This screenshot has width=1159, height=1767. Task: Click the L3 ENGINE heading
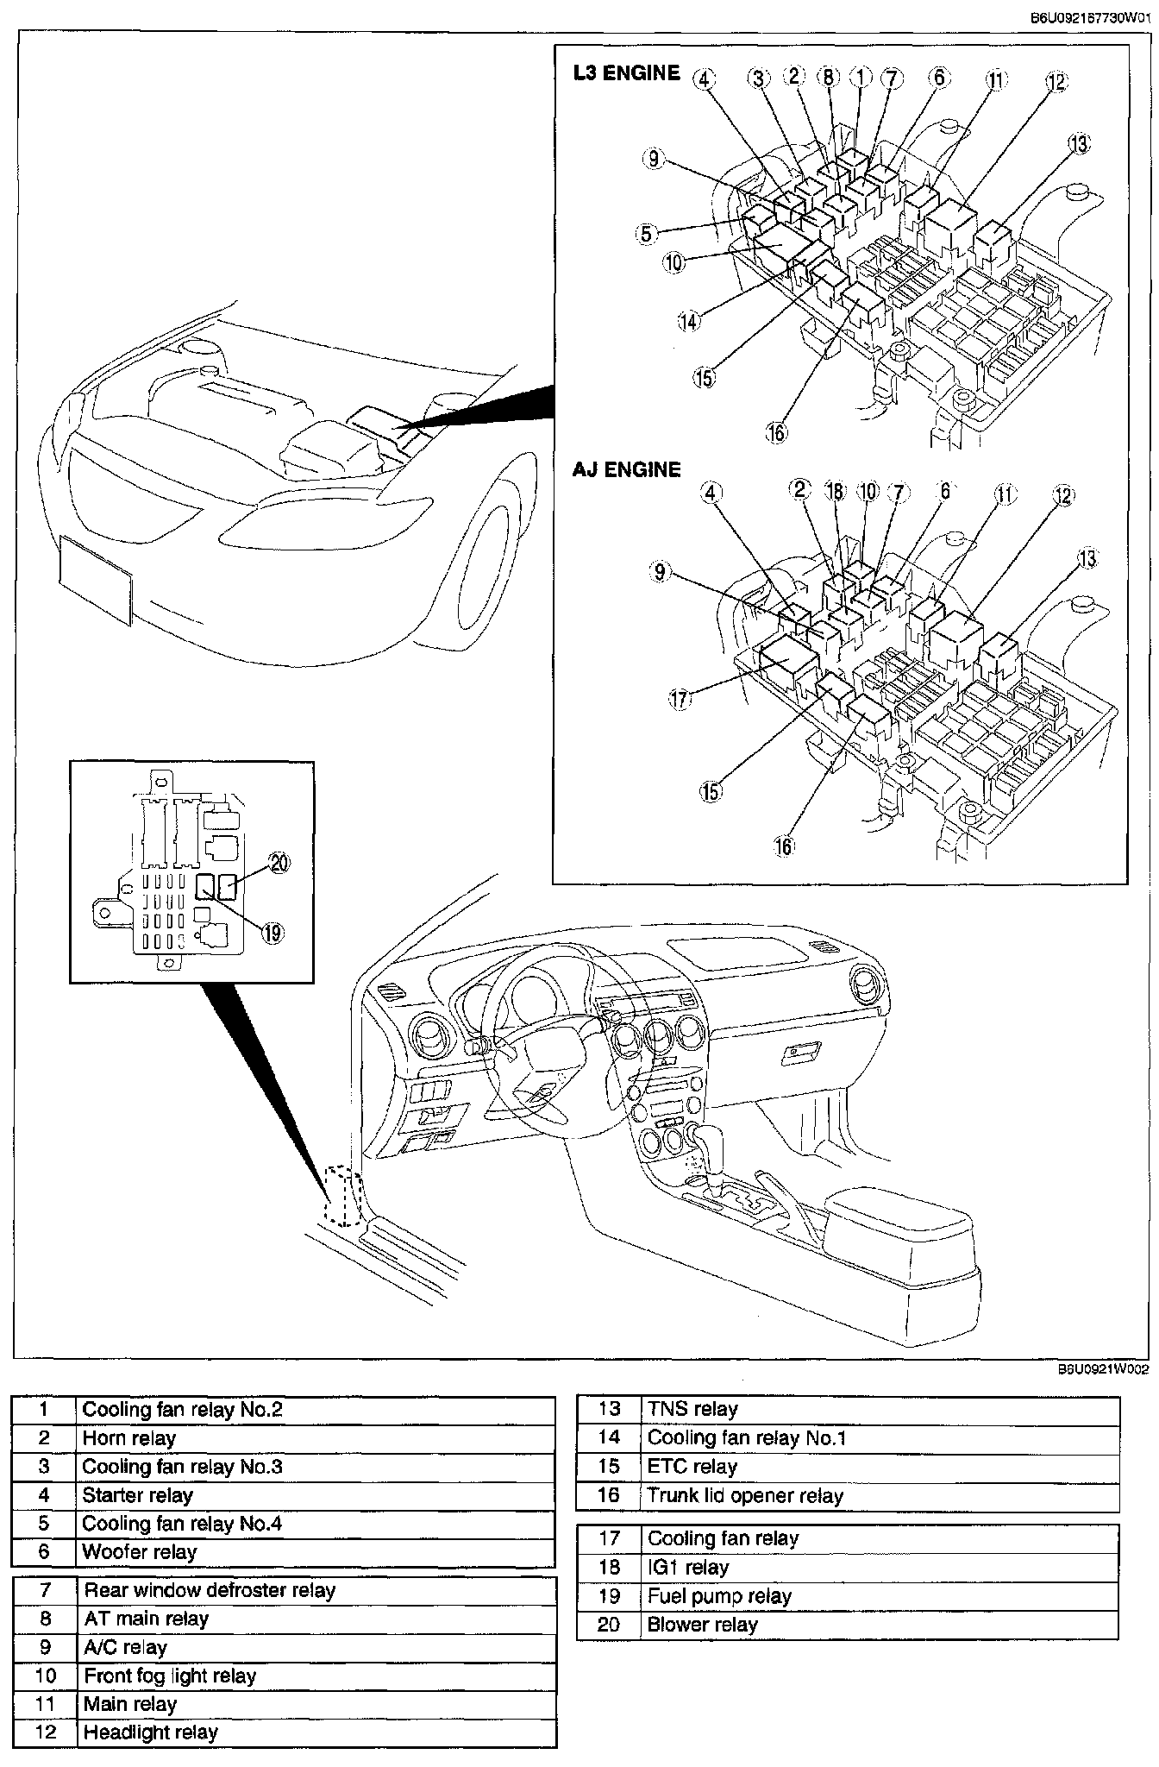(626, 73)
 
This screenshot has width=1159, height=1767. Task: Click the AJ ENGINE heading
(626, 469)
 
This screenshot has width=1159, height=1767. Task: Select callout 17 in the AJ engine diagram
(680, 698)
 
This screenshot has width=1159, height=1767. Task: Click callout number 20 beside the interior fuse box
(279, 864)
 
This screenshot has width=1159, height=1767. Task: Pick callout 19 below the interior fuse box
(273, 933)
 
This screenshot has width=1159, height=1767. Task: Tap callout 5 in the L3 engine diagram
(648, 233)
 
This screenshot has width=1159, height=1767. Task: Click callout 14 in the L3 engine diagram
(688, 322)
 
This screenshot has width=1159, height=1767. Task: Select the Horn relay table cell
(129, 1438)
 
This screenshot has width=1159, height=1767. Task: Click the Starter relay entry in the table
(138, 1495)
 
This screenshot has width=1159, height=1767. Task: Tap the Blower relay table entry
(702, 1625)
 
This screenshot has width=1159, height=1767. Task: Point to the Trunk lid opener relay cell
(745, 1495)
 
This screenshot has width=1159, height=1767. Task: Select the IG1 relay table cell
(688, 1567)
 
